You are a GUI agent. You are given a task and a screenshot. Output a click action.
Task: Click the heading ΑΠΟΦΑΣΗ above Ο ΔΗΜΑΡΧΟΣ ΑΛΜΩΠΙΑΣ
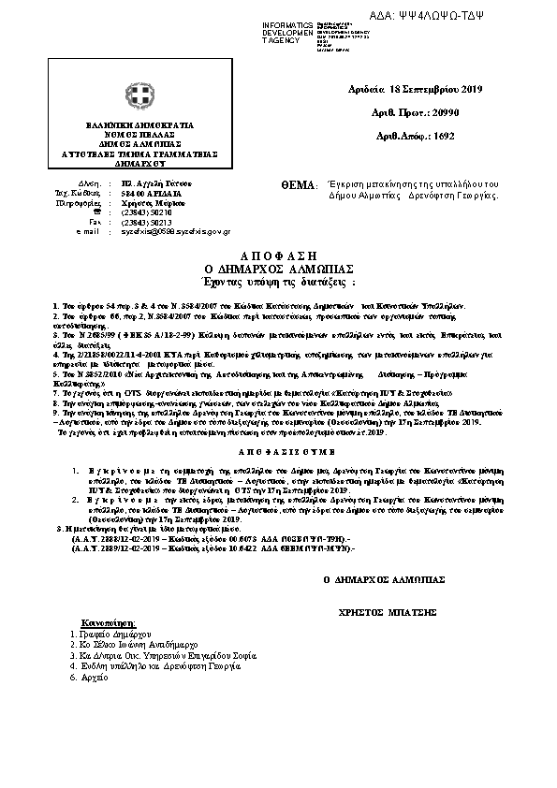278,255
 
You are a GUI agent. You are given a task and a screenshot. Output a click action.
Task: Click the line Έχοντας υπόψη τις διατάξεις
279,280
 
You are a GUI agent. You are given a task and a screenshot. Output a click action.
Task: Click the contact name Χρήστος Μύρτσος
154,203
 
